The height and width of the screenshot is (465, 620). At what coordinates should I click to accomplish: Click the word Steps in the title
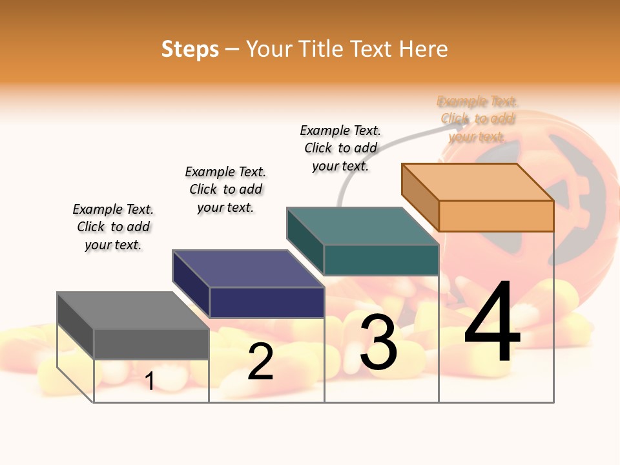point(190,49)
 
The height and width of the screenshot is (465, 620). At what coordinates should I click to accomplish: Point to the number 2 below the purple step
point(260,362)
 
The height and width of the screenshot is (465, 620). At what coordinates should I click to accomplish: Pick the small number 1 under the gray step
point(150,382)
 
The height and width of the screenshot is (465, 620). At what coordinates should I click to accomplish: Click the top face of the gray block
point(133,311)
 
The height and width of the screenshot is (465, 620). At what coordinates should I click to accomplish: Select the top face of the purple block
point(248,269)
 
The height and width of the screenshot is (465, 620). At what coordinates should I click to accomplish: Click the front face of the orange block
point(496,216)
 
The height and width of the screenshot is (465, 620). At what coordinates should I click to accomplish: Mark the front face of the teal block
point(381,260)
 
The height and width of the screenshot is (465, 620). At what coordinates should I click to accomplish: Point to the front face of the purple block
point(267,302)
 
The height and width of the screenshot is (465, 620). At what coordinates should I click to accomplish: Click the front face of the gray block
point(151,344)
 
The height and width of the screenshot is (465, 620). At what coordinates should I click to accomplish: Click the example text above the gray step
point(113,227)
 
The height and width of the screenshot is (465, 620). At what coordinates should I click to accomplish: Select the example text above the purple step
point(225,189)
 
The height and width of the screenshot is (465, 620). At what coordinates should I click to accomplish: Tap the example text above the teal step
point(340,148)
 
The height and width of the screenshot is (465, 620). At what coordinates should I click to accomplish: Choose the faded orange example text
point(477,119)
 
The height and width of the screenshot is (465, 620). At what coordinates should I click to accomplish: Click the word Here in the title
point(423,49)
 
